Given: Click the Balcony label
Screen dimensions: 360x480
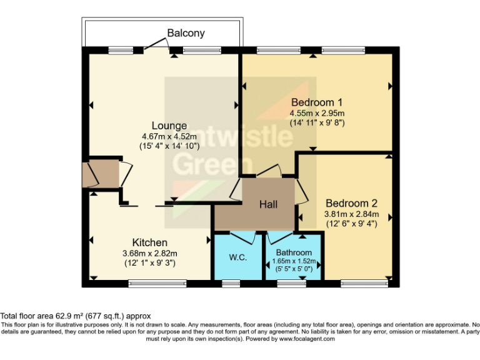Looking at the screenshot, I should (186, 32).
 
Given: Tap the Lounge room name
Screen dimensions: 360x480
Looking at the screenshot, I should (164, 126).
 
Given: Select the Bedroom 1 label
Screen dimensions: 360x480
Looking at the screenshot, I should (317, 102).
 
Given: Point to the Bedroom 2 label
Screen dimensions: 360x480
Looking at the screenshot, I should (351, 203).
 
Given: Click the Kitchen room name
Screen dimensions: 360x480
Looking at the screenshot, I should (149, 242).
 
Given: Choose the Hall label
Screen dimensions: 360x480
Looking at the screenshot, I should (269, 204).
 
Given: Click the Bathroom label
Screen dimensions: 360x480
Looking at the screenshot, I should (293, 252).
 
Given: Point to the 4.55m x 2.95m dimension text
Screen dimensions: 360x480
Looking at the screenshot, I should (317, 113).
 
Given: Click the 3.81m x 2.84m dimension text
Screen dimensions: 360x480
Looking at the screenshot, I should (351, 214).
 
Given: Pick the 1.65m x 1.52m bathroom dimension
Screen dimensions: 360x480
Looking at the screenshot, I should (293, 261).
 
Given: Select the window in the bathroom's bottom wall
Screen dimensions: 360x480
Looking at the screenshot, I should (287, 283).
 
